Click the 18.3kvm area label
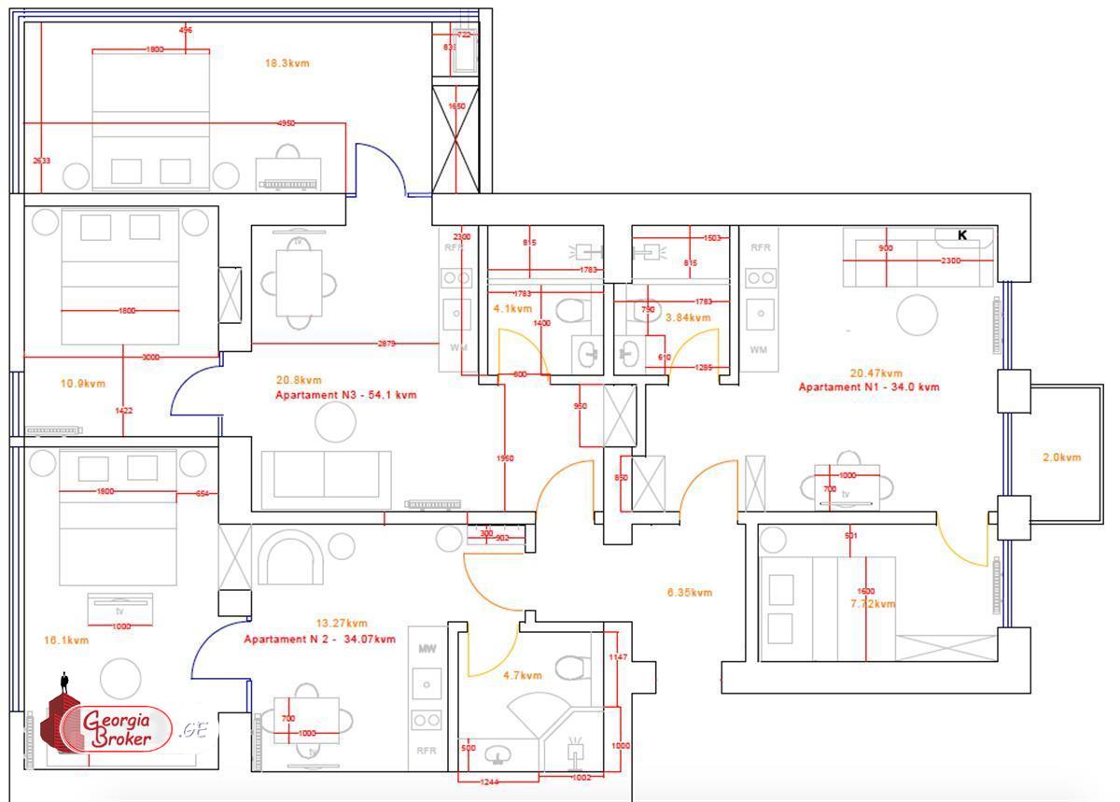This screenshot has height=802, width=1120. pos(287,63)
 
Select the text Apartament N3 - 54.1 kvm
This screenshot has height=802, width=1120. pos(345,395)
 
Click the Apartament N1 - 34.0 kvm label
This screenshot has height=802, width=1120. pos(869,387)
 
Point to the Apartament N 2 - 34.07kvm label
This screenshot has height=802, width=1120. pos(319,640)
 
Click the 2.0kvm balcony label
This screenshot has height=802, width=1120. pos(1061,457)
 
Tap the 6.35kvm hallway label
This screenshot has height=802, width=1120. pos(690,592)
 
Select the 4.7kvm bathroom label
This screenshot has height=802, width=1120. pos(523,675)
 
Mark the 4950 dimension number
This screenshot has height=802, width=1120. pos(287,123)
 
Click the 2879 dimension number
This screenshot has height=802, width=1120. pos(386,344)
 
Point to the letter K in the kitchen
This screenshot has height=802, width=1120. pos(962,235)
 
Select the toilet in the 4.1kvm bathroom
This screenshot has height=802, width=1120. pos(569,311)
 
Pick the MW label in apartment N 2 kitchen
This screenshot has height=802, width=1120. pos(427,648)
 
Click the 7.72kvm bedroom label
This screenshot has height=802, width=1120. pos(873,604)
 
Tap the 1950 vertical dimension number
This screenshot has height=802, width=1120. pos(505,458)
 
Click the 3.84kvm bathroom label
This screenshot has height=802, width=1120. pos(688,317)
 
